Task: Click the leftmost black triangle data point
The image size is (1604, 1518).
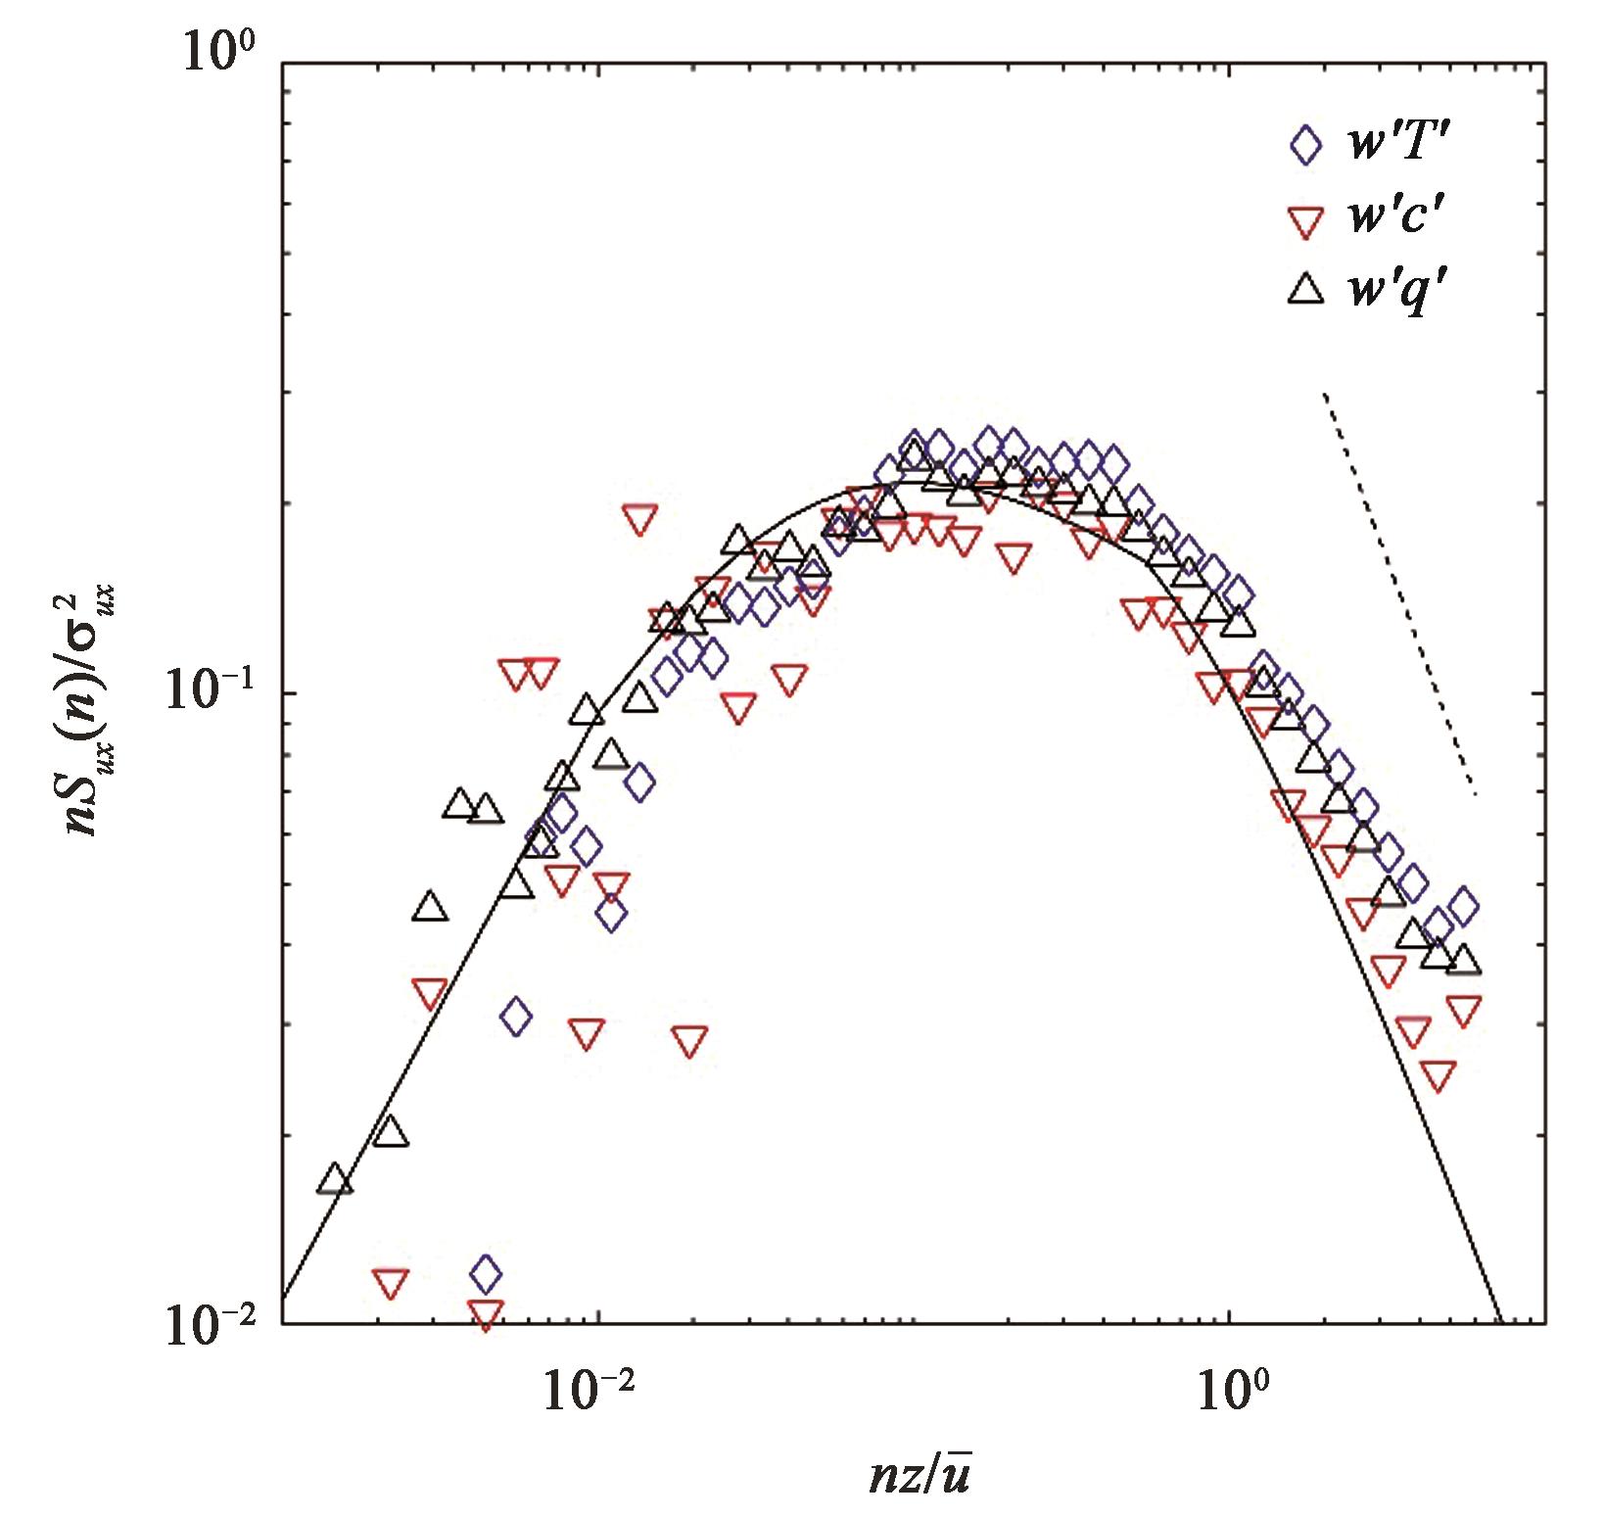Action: coord(335,1179)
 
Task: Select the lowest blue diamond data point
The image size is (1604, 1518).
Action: coord(486,1274)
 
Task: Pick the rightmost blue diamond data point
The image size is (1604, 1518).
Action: coord(1464,906)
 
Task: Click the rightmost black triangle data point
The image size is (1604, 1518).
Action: coord(1464,960)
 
